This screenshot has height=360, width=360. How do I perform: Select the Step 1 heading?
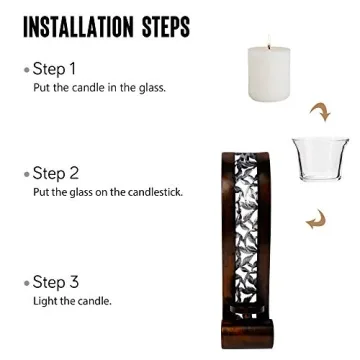[54, 69]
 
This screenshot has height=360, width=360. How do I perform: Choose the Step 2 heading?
[55, 174]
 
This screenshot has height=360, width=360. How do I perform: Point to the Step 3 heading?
[55, 283]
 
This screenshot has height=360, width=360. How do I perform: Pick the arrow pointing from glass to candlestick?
[316, 219]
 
